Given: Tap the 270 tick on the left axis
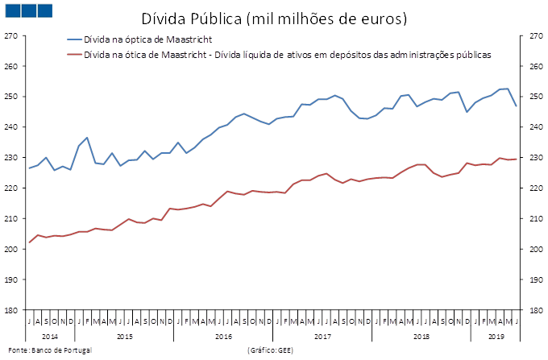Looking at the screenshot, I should (10, 36).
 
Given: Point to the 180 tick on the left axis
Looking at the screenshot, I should (10, 310).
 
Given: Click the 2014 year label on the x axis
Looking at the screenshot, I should (49, 335).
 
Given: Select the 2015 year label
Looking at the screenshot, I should (124, 335).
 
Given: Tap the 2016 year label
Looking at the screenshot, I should (223, 335).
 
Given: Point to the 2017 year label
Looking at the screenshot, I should (322, 335).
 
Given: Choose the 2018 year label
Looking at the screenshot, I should (421, 335).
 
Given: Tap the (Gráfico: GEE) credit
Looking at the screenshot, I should (271, 351).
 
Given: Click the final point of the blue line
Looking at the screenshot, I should (516, 106).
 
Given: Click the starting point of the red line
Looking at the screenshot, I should (29, 242).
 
